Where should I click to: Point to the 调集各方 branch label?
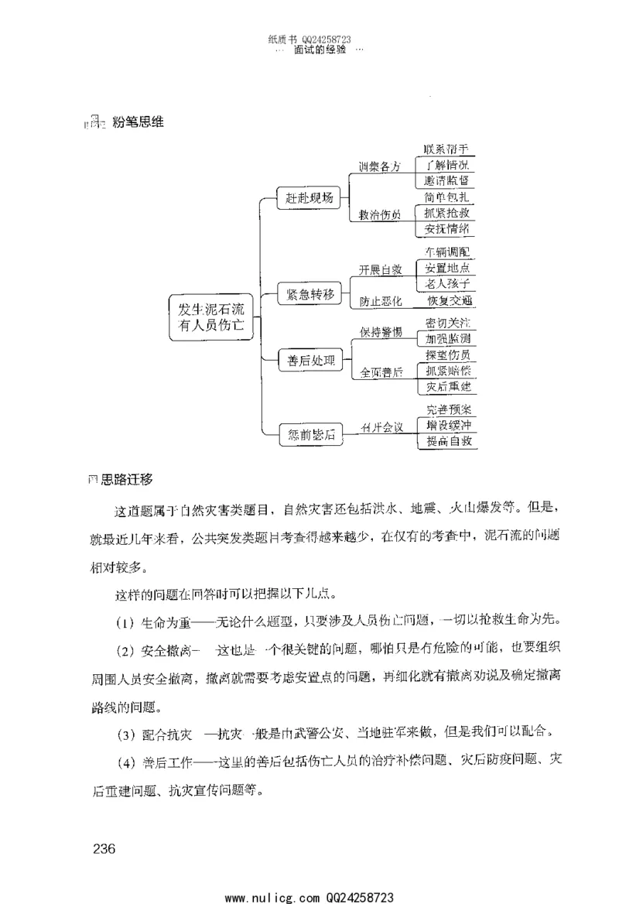(379, 167)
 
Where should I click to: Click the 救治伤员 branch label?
(379, 215)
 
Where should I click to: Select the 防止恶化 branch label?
(380, 300)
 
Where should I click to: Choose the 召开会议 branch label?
(382, 427)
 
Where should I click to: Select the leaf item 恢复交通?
(450, 300)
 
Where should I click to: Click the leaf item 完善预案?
(450, 409)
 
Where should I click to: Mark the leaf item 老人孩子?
(447, 284)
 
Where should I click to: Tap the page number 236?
(104, 849)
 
